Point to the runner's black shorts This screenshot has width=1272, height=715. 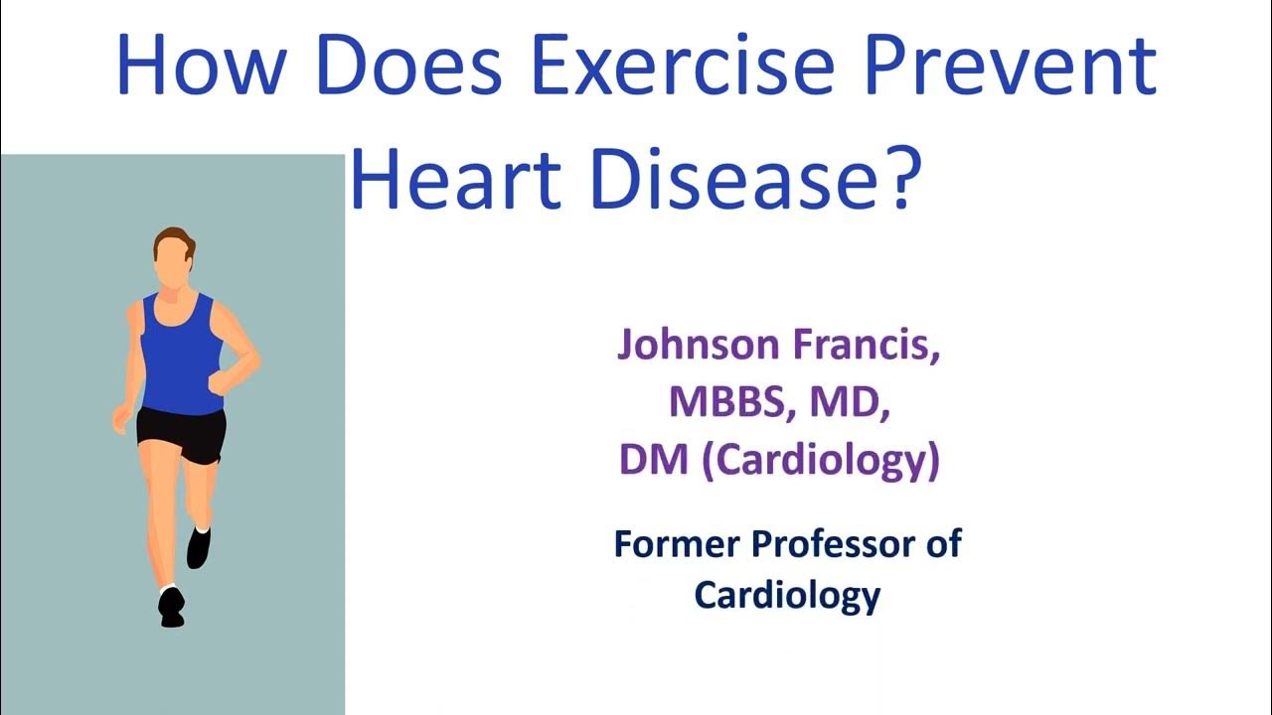coord(181,432)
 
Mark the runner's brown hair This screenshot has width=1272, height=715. coord(174,236)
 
